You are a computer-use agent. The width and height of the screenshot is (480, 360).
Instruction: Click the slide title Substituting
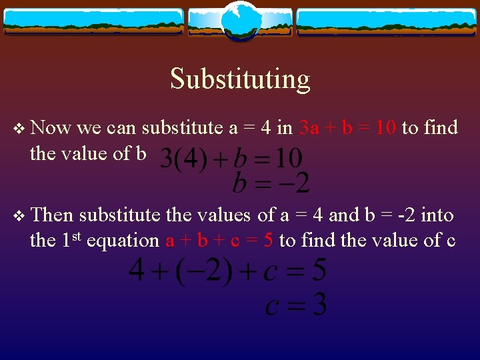click(240, 79)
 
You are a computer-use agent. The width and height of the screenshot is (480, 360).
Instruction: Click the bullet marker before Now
click(19, 128)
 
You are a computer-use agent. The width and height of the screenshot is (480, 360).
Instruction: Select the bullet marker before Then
click(19, 216)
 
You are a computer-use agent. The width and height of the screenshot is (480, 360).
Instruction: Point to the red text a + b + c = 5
click(219, 240)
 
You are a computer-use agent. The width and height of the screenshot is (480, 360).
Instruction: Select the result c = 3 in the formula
click(296, 305)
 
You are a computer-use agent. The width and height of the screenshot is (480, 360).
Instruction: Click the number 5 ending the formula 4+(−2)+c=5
click(319, 271)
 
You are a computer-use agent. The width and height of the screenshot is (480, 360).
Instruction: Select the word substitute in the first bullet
click(181, 127)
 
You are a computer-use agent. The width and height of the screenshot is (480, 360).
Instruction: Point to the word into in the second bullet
click(437, 215)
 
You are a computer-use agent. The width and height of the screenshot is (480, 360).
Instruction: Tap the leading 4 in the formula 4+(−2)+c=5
click(136, 271)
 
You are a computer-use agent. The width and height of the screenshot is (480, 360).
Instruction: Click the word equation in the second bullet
click(122, 240)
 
